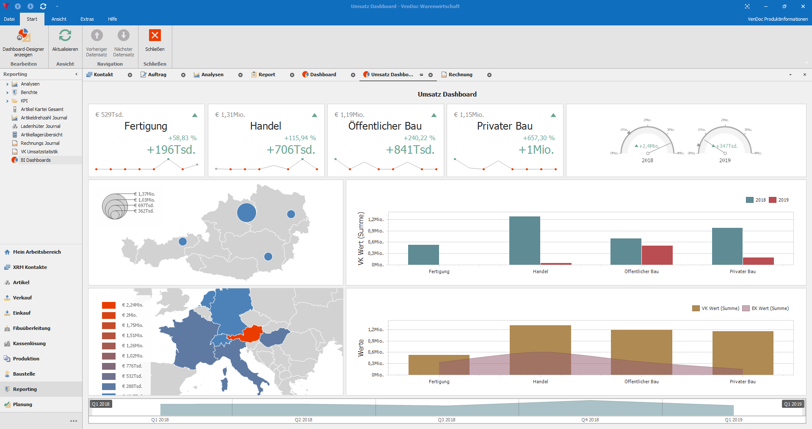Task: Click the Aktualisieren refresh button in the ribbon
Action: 65,41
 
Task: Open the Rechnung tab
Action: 460,75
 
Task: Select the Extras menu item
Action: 87,19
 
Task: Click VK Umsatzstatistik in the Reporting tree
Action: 39,152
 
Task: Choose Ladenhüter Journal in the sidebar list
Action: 40,126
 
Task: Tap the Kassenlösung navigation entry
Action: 29,343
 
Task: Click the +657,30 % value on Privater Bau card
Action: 539,138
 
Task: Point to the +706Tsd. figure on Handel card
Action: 291,150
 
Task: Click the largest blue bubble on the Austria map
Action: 246,213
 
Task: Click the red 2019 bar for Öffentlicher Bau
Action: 657,255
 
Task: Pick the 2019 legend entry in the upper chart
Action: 779,200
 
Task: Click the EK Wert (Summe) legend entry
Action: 766,308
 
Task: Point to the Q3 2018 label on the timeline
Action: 447,420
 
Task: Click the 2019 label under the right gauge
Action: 725,161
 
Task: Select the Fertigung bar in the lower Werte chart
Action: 439,365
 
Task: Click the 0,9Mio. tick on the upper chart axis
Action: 376,231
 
